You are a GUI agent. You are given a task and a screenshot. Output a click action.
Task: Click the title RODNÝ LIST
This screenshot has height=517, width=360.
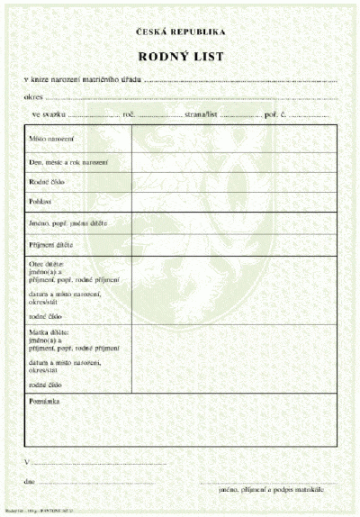181,57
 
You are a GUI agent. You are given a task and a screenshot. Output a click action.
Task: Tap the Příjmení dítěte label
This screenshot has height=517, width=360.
51,245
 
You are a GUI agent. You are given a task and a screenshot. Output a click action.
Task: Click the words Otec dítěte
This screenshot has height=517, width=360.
48,262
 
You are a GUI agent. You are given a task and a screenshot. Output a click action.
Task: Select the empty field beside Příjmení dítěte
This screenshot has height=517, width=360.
234,244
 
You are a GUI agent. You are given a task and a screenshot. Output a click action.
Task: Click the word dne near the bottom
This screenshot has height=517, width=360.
30,483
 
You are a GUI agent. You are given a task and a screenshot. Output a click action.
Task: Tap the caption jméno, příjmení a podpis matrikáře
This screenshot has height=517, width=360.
279,490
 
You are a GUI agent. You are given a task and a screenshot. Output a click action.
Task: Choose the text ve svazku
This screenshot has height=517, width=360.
49,115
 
